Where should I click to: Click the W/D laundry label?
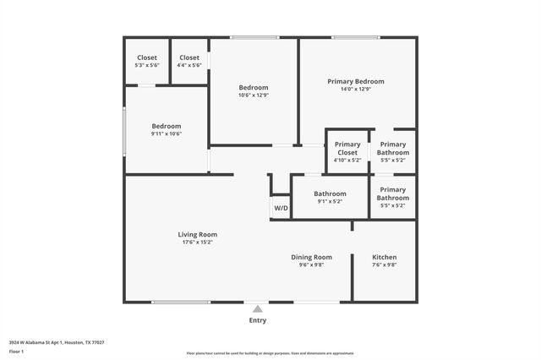(x=281, y=208)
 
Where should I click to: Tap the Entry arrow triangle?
(x=257, y=309)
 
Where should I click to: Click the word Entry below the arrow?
(x=257, y=320)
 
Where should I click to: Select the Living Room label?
(x=197, y=234)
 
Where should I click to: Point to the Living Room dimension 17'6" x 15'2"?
(x=197, y=243)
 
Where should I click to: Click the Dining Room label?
(x=311, y=257)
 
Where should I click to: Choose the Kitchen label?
(x=385, y=257)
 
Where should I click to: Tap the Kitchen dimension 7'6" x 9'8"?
(x=385, y=265)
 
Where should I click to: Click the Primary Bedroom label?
(x=356, y=81)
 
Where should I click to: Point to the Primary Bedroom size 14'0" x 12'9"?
(x=356, y=89)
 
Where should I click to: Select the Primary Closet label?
(x=347, y=148)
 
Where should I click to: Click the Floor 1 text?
(x=16, y=351)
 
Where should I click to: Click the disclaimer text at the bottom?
(x=270, y=353)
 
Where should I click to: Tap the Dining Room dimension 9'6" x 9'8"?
(x=311, y=265)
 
